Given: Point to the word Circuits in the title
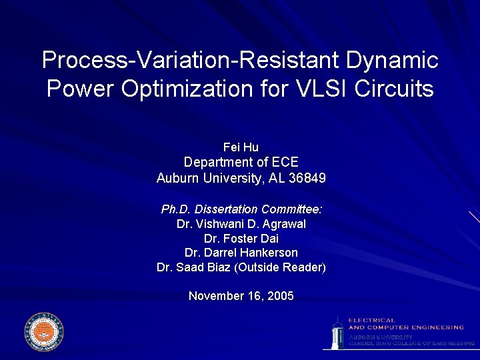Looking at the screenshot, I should click(x=393, y=89).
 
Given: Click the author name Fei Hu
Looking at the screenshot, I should click(x=241, y=147).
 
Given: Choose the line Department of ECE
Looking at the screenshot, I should click(x=241, y=162).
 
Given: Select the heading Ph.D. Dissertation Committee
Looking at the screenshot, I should click(x=241, y=209).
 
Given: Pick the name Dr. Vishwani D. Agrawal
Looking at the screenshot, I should click(x=241, y=224).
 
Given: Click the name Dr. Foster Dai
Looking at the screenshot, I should click(x=241, y=239).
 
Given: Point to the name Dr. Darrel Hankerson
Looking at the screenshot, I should click(x=241, y=253).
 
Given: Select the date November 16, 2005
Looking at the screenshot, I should click(x=241, y=296).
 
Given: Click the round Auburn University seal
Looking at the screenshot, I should click(x=43, y=331).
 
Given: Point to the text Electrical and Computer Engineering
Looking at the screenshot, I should click(x=405, y=324).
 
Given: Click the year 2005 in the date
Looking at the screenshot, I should click(x=280, y=296).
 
